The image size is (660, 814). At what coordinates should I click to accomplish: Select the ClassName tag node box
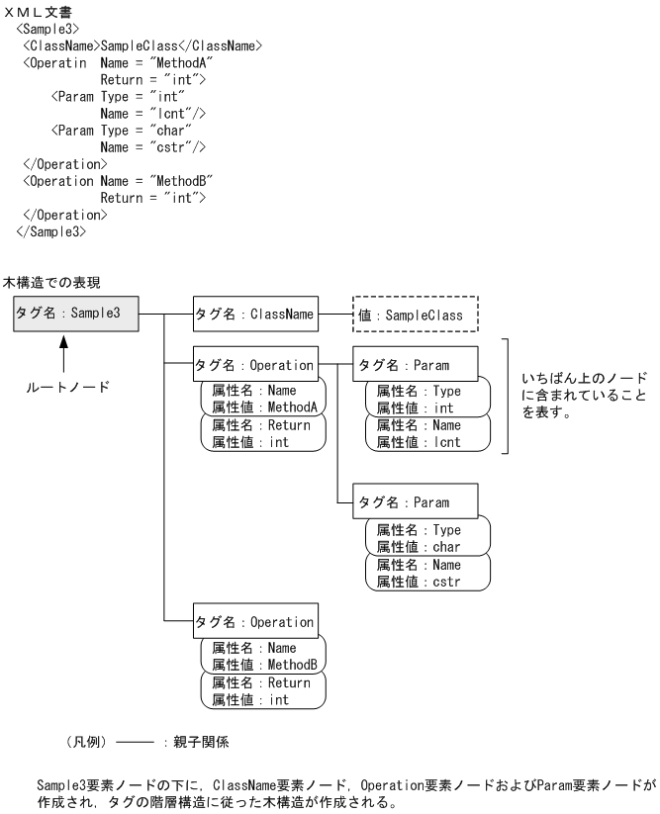click(x=255, y=316)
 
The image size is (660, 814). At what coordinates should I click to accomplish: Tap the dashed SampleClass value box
click(x=415, y=316)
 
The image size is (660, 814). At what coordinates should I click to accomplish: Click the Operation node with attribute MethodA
click(x=255, y=362)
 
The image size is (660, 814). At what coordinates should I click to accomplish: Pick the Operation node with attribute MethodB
click(x=255, y=623)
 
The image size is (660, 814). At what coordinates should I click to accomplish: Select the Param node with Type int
click(x=415, y=362)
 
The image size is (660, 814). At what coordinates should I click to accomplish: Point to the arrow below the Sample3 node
click(x=62, y=351)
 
